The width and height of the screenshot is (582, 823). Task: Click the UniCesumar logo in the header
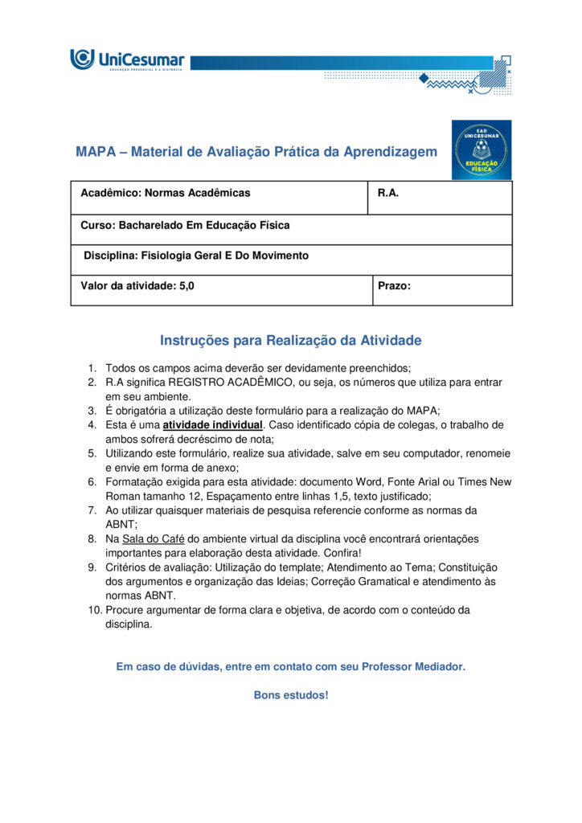127,59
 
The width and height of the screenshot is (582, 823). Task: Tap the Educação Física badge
481,149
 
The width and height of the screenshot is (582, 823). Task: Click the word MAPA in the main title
96,152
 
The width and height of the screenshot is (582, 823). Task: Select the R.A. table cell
440,198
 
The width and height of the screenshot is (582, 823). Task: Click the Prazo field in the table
442,290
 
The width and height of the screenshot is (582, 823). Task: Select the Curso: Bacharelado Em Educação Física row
291,229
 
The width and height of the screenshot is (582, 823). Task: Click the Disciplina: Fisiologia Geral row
291,260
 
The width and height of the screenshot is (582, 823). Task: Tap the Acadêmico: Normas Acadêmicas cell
219,198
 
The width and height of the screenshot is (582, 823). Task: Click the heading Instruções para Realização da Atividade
290,341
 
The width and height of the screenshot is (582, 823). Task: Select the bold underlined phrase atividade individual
212,424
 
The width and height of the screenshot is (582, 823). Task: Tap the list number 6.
92,481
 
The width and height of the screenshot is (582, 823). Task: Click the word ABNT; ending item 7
120,524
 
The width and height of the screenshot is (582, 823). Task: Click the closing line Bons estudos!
291,695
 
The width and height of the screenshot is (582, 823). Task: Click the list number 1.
92,368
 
